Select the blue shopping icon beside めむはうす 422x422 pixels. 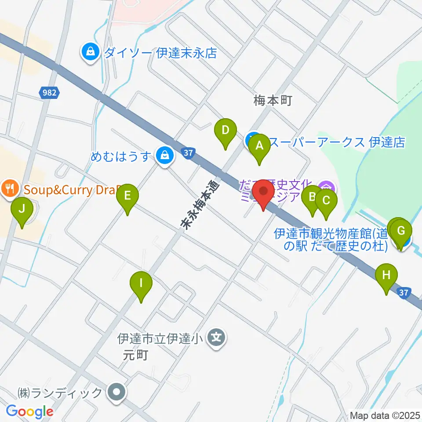click(x=164, y=155)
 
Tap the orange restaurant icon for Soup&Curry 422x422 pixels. click(x=10, y=189)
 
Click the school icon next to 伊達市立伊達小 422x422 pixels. click(x=216, y=338)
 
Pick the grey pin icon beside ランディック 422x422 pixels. click(x=117, y=392)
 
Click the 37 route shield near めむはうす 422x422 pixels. click(x=188, y=153)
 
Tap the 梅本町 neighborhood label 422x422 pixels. click(x=273, y=102)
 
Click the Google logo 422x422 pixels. click(x=29, y=411)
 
